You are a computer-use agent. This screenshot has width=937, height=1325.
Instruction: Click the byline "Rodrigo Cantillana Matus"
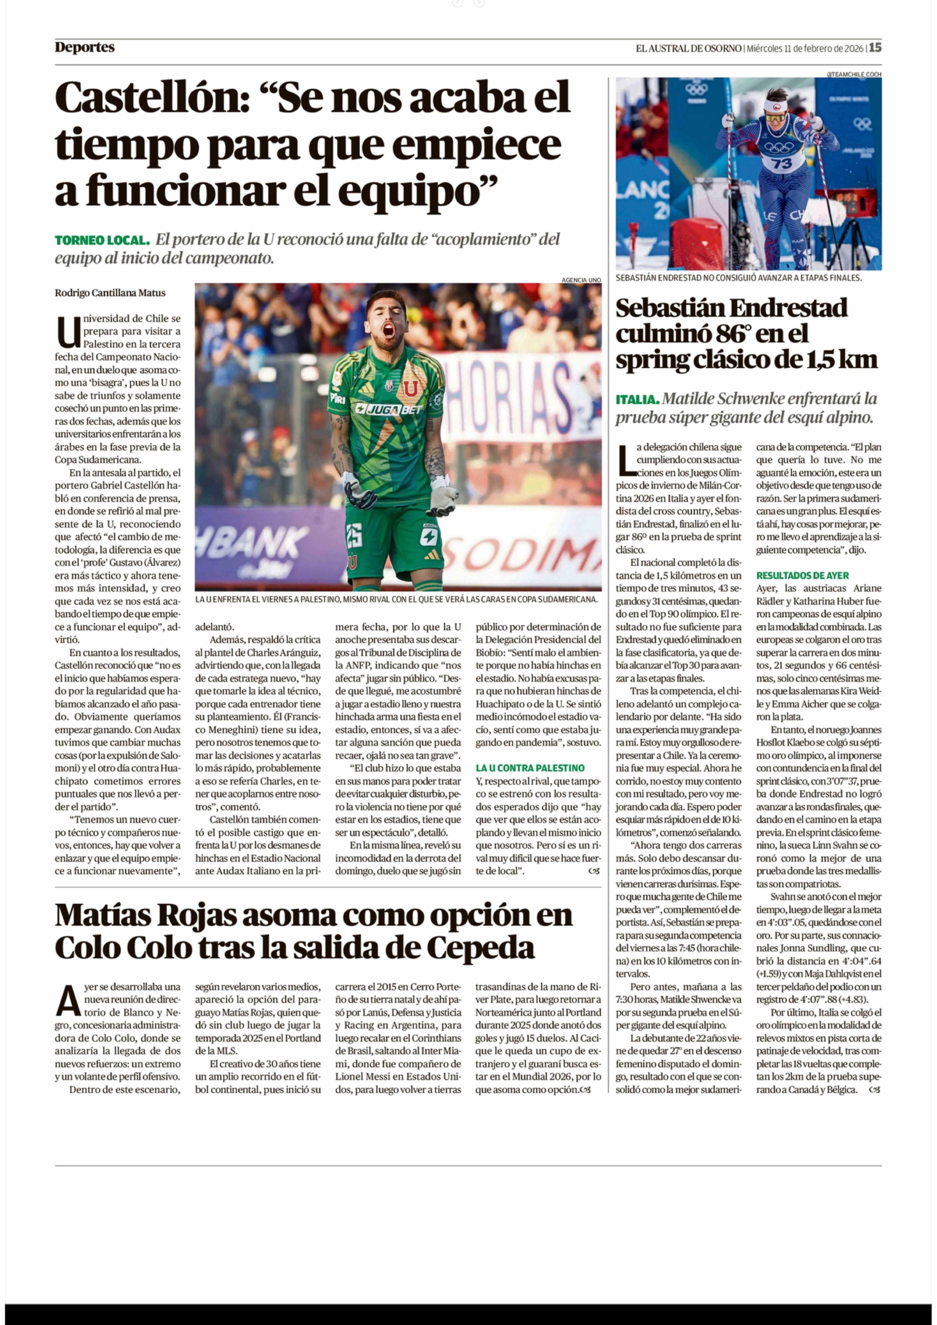click(110, 293)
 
